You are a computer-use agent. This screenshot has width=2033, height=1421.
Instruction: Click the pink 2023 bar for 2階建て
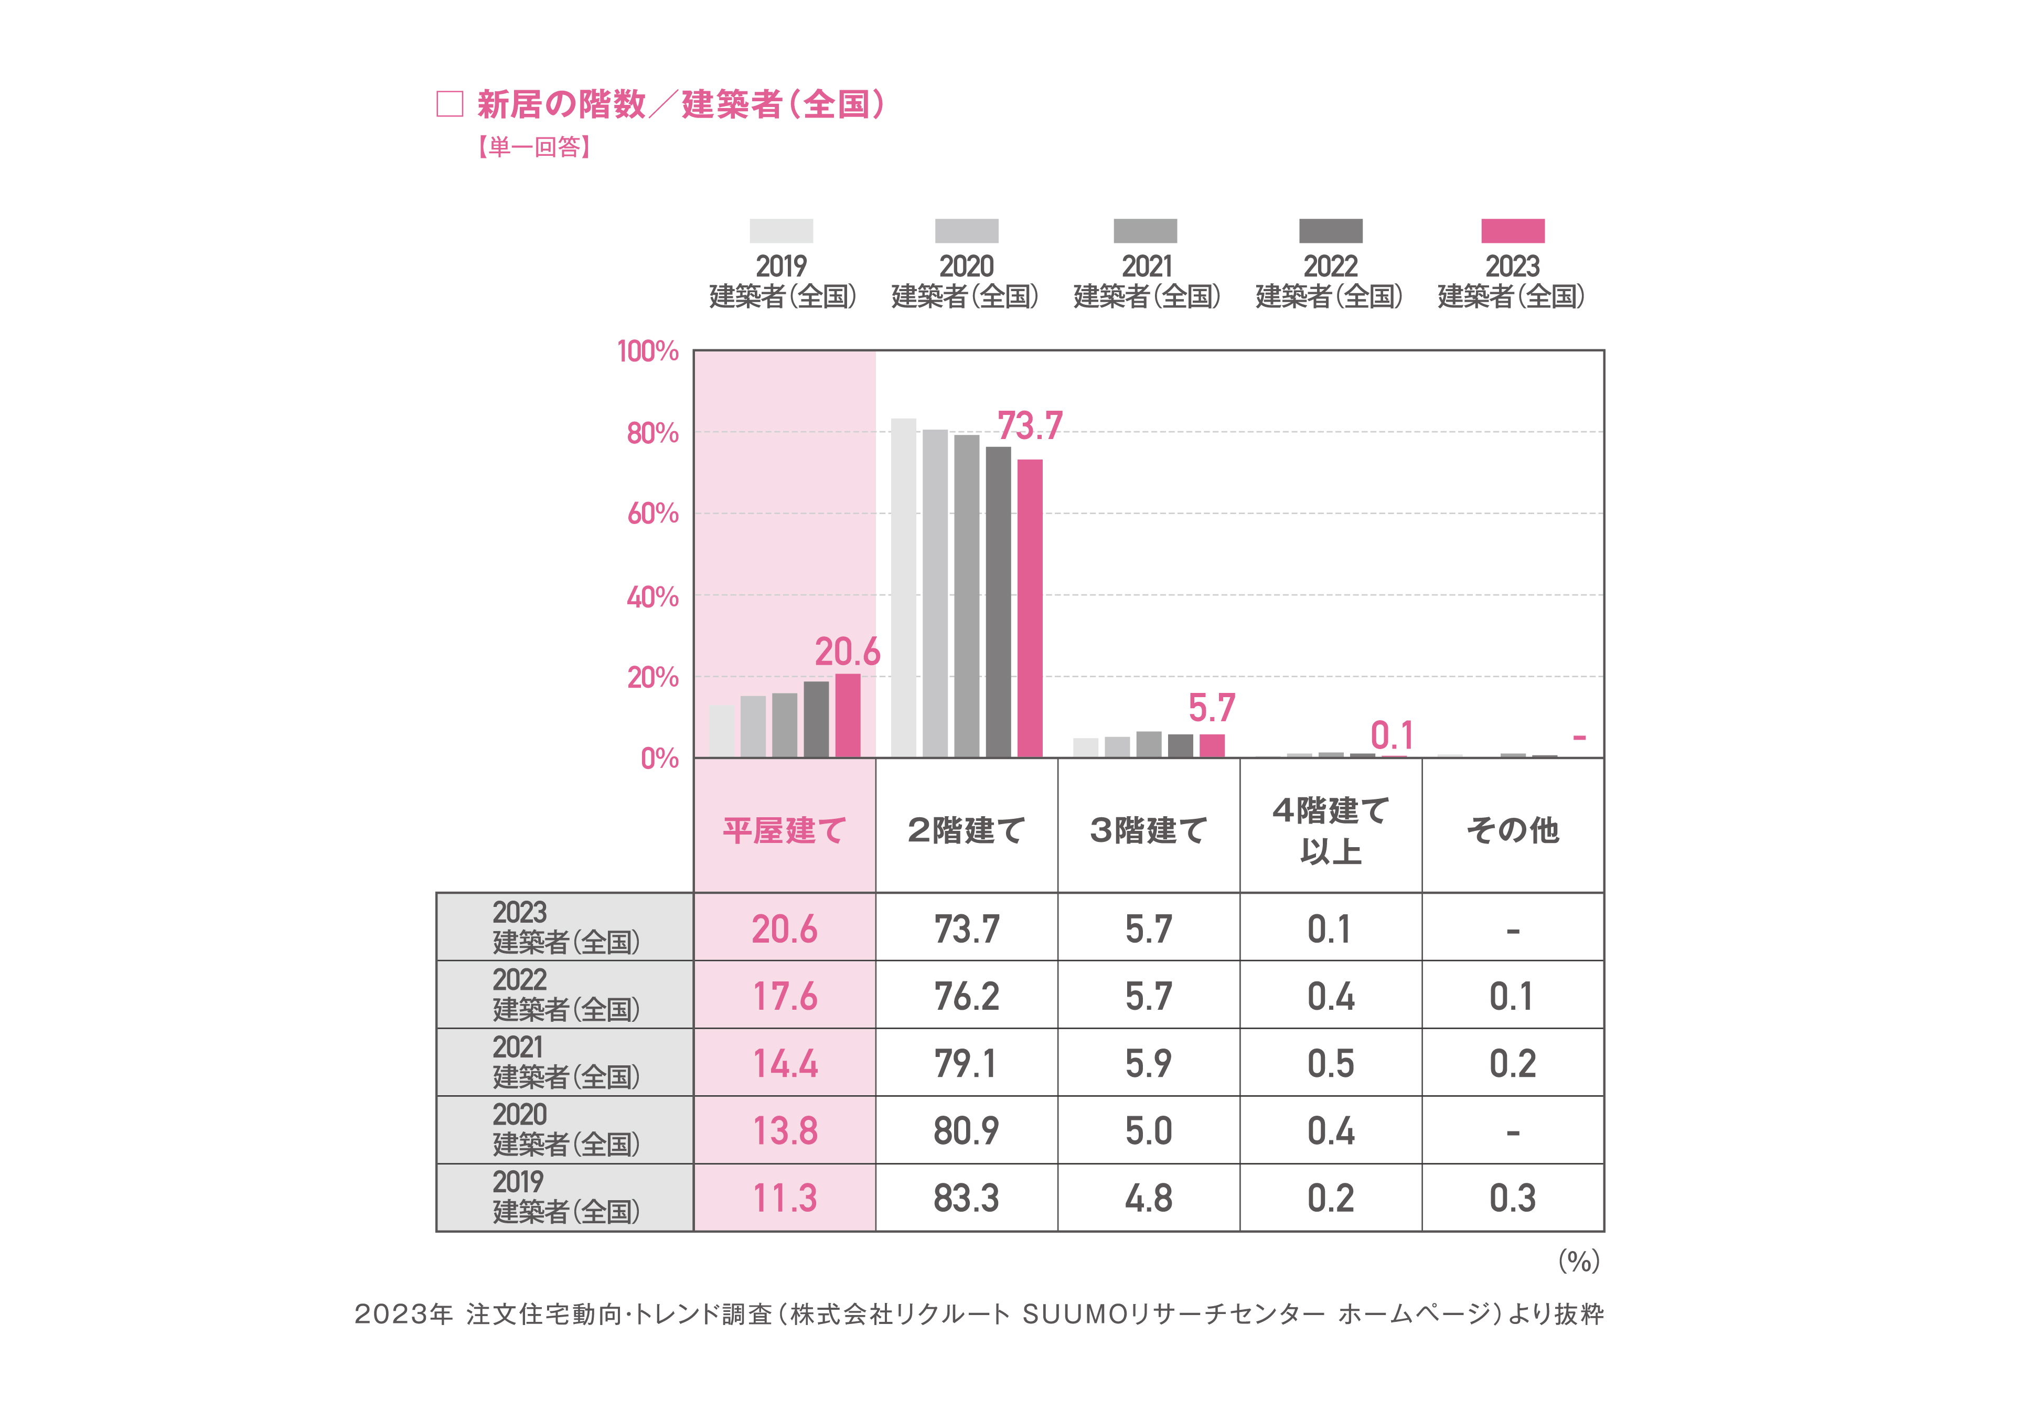(1029, 608)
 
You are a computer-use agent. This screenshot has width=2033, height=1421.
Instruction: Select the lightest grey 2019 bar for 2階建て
(903, 588)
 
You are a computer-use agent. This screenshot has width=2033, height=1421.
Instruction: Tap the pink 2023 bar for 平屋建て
(848, 715)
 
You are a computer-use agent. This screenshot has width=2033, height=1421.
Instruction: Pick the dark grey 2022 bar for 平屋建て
(816, 719)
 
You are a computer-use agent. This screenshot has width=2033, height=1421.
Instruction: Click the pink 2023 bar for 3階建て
(1211, 745)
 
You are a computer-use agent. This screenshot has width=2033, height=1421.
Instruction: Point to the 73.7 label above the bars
(1029, 426)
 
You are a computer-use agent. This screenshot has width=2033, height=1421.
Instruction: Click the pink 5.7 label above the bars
(1211, 708)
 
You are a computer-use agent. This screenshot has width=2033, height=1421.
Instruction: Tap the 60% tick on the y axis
(652, 514)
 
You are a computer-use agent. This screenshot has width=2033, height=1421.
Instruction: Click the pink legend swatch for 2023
(1512, 231)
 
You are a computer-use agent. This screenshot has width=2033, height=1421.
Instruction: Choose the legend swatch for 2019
(781, 231)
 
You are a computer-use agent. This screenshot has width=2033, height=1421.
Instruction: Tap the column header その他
(1512, 830)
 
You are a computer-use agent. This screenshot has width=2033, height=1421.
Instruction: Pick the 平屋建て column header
(785, 830)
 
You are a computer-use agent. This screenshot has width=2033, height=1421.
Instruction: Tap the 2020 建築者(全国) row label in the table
(565, 1130)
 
